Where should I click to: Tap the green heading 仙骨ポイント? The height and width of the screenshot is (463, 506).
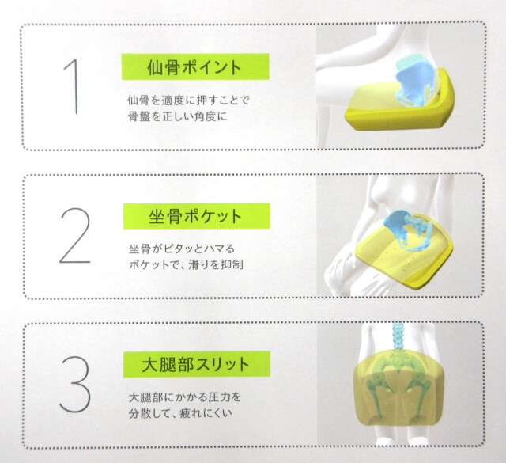pyautogui.click(x=193, y=66)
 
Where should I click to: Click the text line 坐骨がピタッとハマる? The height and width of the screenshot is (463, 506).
pyautogui.click(x=181, y=249)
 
